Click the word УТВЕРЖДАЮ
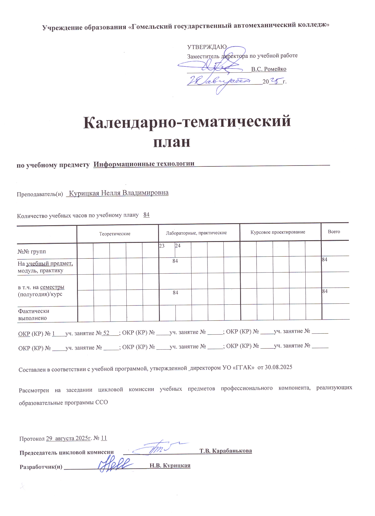pyautogui.click(x=207, y=47)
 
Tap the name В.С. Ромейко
pyautogui.click(x=269, y=69)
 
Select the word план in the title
pyautogui.click(x=172, y=142)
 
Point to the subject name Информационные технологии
pyautogui.click(x=144, y=164)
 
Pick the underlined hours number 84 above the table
pyautogui.click(x=146, y=215)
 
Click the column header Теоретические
pyautogui.click(x=115, y=234)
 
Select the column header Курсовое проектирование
pyautogui.click(x=278, y=232)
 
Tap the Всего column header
pyautogui.click(x=334, y=232)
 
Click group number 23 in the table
pyautogui.click(x=162, y=246)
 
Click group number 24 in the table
pyautogui.click(x=178, y=246)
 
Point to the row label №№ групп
pyautogui.click(x=32, y=252)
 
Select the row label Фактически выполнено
pyautogui.click(x=34, y=314)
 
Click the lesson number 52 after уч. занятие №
pyautogui.click(x=106, y=333)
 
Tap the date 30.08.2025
pyautogui.click(x=278, y=367)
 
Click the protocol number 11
pyautogui.click(x=104, y=438)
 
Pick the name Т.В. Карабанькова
pyautogui.click(x=225, y=451)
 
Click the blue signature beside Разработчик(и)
pyautogui.click(x=115, y=465)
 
